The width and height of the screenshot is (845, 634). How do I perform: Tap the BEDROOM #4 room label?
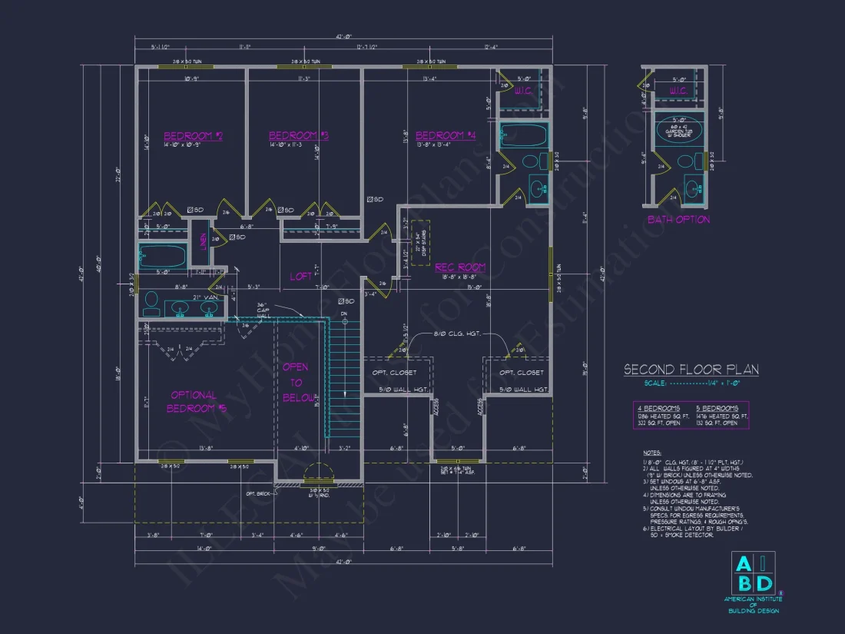[x=446, y=136]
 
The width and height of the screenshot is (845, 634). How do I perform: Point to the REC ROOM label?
[x=460, y=267]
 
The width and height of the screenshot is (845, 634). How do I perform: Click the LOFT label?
[x=300, y=276]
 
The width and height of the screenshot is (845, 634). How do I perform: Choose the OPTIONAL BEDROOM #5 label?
[x=194, y=402]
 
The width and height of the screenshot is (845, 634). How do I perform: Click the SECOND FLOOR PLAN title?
[x=691, y=370]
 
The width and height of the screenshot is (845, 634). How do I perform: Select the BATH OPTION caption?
[x=678, y=220]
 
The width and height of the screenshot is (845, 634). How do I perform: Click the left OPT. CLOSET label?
[x=396, y=373]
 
